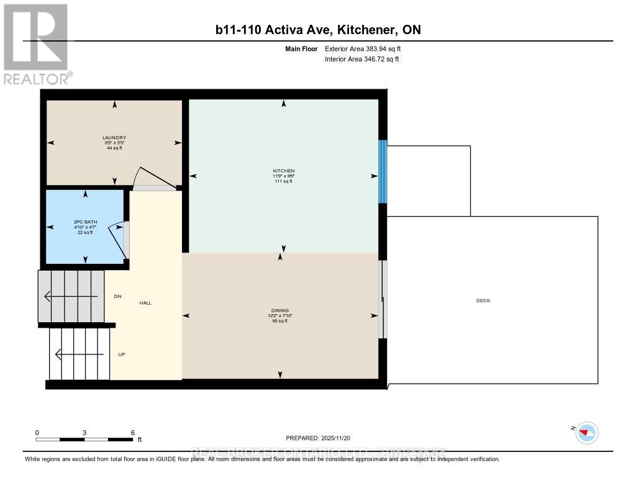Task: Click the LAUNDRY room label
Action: coord(114,138)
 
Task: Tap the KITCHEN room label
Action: coord(283,171)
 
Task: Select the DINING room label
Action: coord(280,310)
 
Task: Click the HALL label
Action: coord(145,303)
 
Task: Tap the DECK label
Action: coord(483,300)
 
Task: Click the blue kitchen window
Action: coord(383,171)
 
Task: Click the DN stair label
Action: coord(117,296)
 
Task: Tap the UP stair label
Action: coord(122,354)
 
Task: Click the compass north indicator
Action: coord(586,432)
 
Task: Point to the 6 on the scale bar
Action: coord(132,433)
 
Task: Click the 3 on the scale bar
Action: coord(84,433)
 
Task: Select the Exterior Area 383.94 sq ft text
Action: coord(367,48)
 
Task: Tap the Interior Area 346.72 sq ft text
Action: coord(361,59)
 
